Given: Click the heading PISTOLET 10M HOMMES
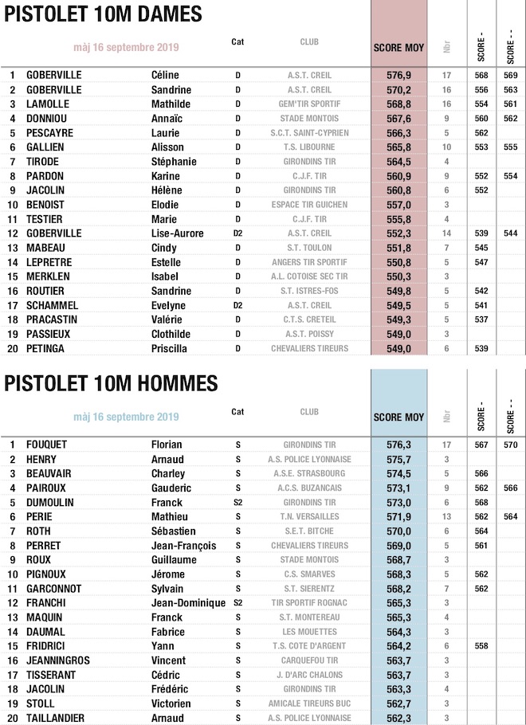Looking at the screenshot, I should coord(111,383).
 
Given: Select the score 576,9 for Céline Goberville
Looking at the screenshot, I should coord(398,76).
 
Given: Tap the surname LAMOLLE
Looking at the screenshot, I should coord(49,104).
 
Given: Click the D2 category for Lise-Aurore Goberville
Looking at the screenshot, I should coord(237,233).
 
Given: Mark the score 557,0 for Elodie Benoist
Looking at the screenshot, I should coord(398,205).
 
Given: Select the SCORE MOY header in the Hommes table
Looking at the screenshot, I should coord(398,417).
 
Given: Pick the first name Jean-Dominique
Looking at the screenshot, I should coord(189,603).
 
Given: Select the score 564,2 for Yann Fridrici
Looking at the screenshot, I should coord(398,646).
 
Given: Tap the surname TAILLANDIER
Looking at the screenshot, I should coord(57,718).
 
